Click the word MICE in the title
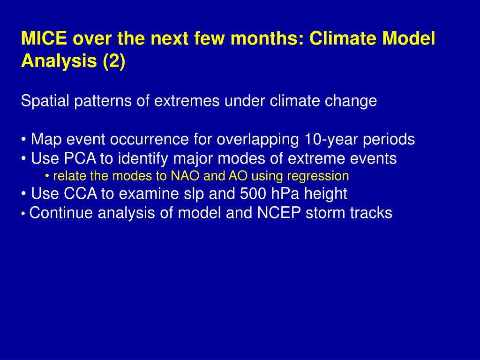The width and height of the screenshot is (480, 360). tap(44, 38)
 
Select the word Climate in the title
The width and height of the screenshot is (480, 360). tap(343, 38)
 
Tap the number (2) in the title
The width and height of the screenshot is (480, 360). tap(114, 61)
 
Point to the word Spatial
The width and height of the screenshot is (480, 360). tap(45, 101)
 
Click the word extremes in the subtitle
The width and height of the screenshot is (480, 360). tap(187, 101)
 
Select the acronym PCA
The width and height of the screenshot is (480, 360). tap(80, 158)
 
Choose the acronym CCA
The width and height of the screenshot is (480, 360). tap(80, 194)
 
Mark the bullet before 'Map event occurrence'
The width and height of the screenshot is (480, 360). tap(23, 140)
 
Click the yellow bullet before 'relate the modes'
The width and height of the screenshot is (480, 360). tap(47, 176)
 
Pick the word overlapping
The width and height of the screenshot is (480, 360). tap(258, 140)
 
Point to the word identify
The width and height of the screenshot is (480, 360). tap(143, 159)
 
